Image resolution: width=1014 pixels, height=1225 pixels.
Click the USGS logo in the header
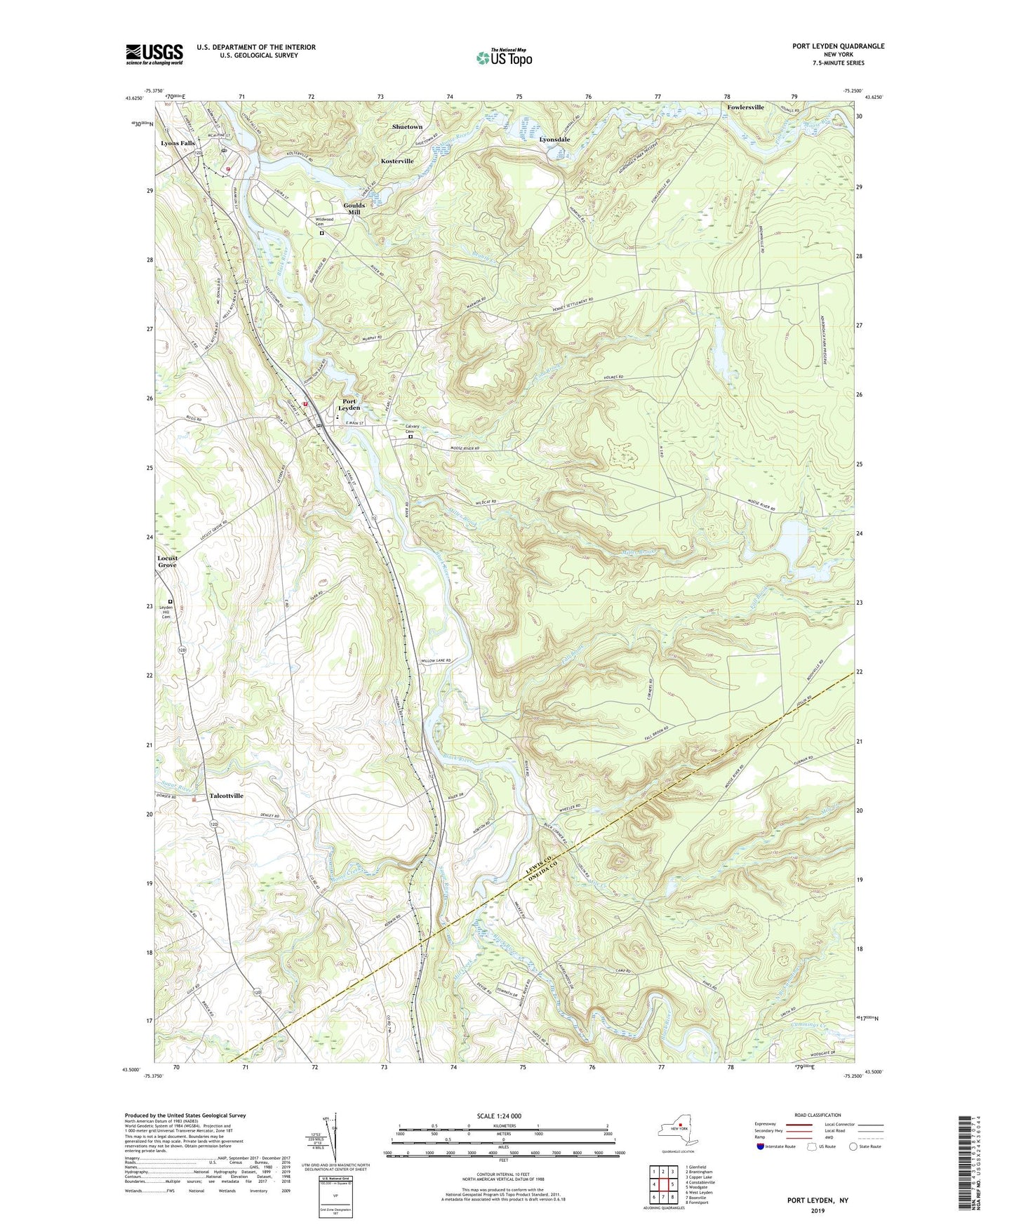coord(154,54)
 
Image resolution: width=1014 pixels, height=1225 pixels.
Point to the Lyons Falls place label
coord(178,143)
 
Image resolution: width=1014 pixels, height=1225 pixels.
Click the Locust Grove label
coord(167,561)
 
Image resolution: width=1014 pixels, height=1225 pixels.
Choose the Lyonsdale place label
coord(554,140)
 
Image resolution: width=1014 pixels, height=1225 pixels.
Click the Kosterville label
coord(397,161)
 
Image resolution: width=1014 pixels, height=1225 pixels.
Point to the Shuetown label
coord(407,127)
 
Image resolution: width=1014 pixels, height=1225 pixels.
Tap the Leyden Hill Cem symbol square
coord(170,601)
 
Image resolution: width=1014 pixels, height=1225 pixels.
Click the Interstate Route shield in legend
coord(761,1146)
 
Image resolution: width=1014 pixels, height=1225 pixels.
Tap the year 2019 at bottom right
coord(818,1211)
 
